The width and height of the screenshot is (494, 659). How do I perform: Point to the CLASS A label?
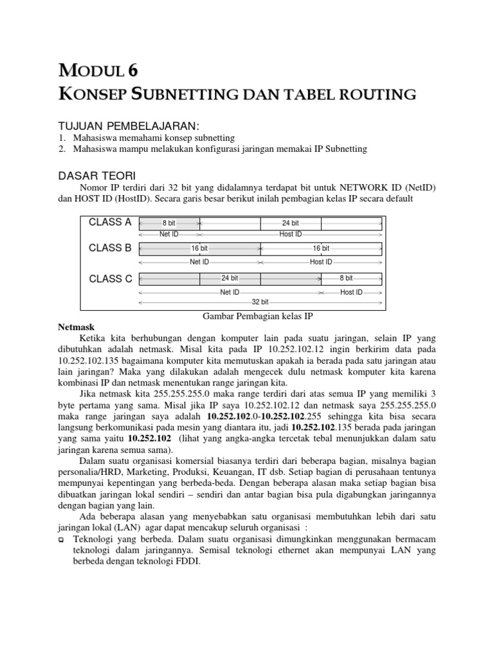click(110, 222)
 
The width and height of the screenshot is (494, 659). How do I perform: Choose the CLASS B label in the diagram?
click(110, 248)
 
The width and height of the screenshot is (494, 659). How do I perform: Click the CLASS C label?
click(110, 279)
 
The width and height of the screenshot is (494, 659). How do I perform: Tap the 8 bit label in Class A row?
click(169, 223)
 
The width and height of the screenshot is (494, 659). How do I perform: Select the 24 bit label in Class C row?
click(230, 278)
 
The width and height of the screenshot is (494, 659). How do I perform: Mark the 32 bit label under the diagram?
click(260, 301)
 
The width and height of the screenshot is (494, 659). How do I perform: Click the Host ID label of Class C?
click(351, 292)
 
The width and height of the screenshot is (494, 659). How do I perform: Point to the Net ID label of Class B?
click(199, 262)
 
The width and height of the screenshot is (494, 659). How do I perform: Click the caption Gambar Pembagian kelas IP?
click(257, 317)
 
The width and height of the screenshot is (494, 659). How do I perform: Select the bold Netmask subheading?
click(77, 328)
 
